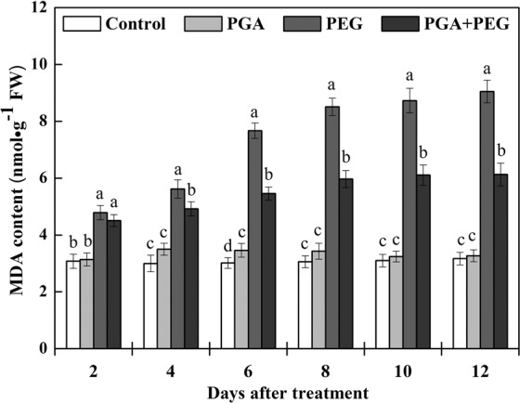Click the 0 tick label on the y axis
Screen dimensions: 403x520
point(43,348)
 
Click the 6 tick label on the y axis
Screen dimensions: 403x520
point(43,178)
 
